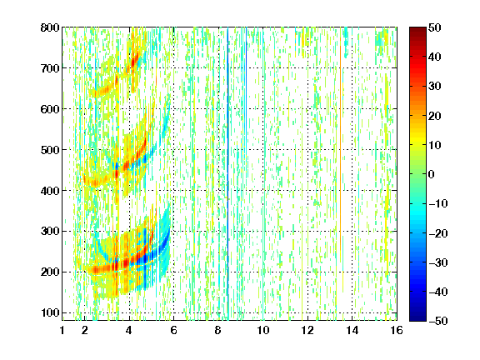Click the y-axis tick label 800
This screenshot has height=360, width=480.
(x=50, y=27)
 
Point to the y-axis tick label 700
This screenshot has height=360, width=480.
(x=50, y=68)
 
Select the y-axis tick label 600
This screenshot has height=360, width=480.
(x=50, y=109)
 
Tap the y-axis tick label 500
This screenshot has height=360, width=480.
(x=50, y=150)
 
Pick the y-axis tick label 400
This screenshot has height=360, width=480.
(x=50, y=191)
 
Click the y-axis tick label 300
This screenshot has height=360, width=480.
(x=50, y=232)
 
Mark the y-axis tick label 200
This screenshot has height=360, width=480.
(x=50, y=272)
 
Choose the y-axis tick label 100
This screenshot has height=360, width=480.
(x=50, y=312)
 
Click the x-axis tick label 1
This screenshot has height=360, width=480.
(x=62, y=330)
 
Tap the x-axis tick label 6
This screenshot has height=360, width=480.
(x=173, y=330)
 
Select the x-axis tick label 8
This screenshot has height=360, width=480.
(x=218, y=330)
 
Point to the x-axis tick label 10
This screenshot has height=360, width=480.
(x=263, y=330)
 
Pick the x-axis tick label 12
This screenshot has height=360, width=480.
(x=307, y=330)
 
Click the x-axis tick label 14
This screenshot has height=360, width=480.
(x=352, y=330)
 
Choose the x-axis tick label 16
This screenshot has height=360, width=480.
(x=397, y=330)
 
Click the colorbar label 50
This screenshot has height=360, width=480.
(x=434, y=27)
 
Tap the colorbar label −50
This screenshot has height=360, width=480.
(x=437, y=321)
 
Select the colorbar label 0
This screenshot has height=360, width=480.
(x=432, y=174)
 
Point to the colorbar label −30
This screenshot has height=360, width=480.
(x=437, y=262)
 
